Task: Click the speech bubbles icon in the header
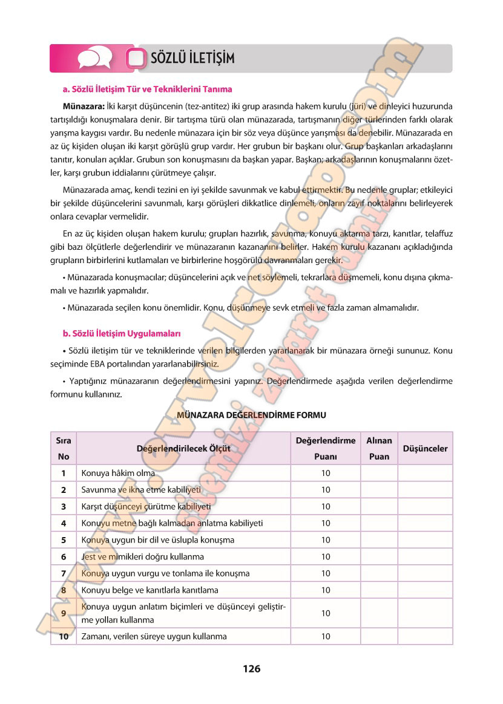tap(94, 58)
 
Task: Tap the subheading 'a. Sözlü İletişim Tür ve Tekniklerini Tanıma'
tap(147, 89)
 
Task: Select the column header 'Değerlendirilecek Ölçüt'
tap(184, 449)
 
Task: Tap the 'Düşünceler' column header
tap(425, 449)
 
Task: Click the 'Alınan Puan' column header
tap(379, 449)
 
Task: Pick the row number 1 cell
tap(64, 473)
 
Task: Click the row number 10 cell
tap(64, 636)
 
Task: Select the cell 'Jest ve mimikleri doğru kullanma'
tap(142, 556)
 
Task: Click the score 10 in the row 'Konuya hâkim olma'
tap(326, 473)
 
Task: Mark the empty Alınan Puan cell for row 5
tap(379, 539)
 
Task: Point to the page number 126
tap(251, 669)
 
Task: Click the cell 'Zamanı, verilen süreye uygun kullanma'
tap(154, 636)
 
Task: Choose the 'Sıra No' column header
tap(64, 449)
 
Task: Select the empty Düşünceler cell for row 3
tap(425, 506)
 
